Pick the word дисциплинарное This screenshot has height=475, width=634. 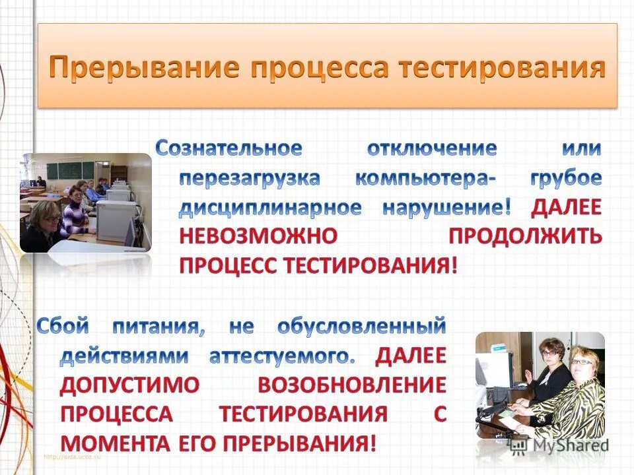click(270, 208)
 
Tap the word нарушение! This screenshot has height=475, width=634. click(446, 208)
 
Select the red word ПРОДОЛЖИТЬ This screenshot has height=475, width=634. click(525, 237)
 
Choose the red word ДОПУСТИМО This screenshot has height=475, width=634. click(129, 385)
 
